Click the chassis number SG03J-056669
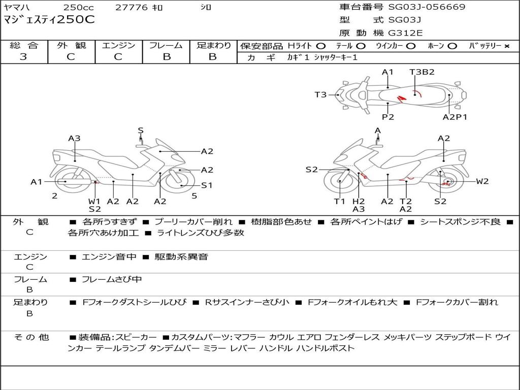[x=427, y=7]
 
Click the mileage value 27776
[x=132, y=8]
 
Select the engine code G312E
[x=405, y=34]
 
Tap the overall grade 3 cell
[x=23, y=57]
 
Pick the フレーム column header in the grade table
[x=166, y=45]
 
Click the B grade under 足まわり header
[x=213, y=57]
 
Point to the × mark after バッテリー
[x=506, y=46]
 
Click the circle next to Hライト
[x=321, y=46]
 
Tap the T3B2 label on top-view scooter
[x=422, y=72]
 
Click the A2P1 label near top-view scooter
[x=454, y=117]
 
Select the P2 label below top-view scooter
[x=388, y=117]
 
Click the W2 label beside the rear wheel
[x=482, y=181]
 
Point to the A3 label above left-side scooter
[x=75, y=138]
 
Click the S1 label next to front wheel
[x=207, y=185]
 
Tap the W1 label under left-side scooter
[x=94, y=201]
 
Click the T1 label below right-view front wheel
[x=339, y=201]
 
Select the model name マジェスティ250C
[x=49, y=20]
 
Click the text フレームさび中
[x=112, y=279]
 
